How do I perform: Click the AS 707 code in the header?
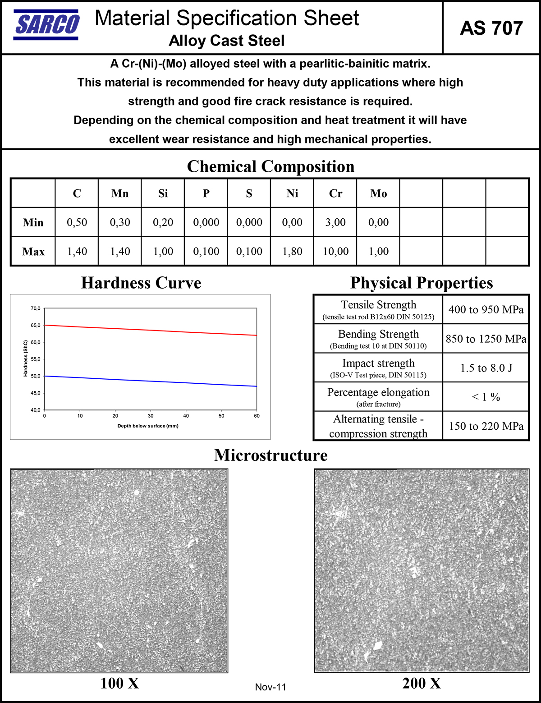pos(491,28)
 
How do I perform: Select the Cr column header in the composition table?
pos(335,193)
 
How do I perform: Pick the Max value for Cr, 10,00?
pos(335,251)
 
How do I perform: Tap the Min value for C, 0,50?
pos(77,222)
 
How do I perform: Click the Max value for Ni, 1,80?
pos(292,251)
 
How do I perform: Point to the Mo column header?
pos(378,193)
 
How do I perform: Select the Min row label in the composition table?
pos(33,222)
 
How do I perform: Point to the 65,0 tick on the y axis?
pos(36,325)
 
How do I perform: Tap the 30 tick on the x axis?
pos(151,416)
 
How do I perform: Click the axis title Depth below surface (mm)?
pos(148,426)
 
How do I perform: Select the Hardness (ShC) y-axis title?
pos(26,358)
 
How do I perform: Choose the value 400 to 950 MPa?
pos(486,310)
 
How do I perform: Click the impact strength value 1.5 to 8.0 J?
pos(486,368)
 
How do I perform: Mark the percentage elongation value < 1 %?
pos(486,397)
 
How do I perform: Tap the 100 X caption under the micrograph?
pos(119,683)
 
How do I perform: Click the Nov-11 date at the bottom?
pos(270,687)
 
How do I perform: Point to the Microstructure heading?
pos(270,455)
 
